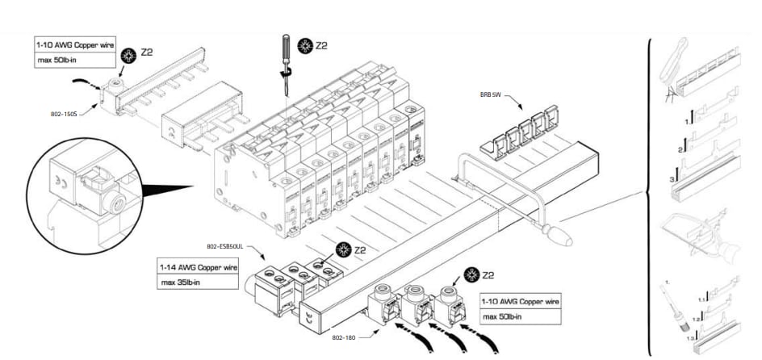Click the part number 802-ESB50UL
point(224,245)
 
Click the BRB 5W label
point(492,94)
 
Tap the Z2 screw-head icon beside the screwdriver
point(305,45)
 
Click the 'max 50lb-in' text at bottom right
point(506,316)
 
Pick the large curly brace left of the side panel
point(650,194)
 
